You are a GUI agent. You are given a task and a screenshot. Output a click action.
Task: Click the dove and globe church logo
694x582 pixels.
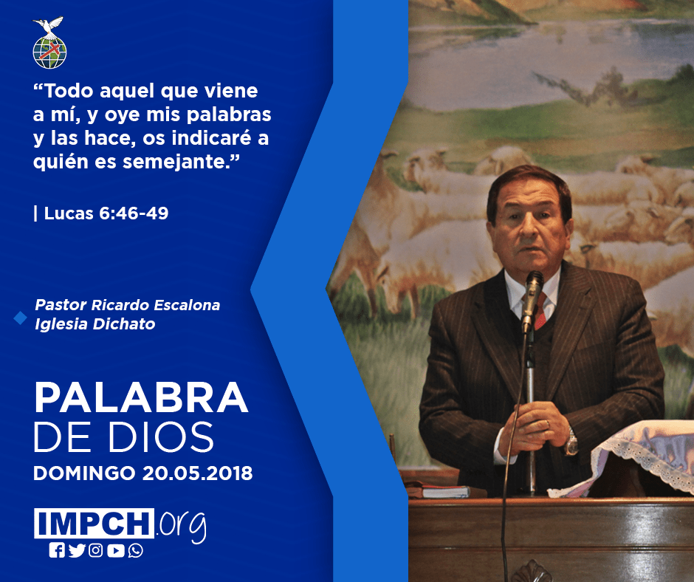click(x=49, y=43)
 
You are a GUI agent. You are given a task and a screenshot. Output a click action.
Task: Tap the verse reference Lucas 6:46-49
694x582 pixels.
click(x=106, y=213)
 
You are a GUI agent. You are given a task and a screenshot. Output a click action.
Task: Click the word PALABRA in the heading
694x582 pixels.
click(x=141, y=398)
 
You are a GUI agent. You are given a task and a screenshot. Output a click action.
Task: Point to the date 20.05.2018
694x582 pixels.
click(x=197, y=473)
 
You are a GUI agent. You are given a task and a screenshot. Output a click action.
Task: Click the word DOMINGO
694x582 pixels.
click(x=84, y=473)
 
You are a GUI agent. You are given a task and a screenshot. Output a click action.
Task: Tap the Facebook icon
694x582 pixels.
click(x=57, y=550)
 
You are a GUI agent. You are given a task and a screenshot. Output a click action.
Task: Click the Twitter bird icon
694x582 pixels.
click(x=77, y=550)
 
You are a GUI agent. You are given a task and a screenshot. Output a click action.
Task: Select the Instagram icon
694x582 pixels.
click(x=95, y=550)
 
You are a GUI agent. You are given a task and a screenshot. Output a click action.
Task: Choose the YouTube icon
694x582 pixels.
click(x=115, y=550)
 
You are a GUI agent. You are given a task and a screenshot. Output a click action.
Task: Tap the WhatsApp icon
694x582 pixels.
click(x=135, y=550)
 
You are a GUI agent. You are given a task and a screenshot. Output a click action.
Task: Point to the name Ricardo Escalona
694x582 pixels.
click(x=155, y=305)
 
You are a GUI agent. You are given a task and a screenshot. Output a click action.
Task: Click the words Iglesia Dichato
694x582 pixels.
click(x=95, y=324)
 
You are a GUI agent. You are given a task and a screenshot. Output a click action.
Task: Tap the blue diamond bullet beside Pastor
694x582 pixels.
click(x=21, y=318)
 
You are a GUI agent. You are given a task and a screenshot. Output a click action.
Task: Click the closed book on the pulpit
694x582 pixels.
click(x=438, y=490)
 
